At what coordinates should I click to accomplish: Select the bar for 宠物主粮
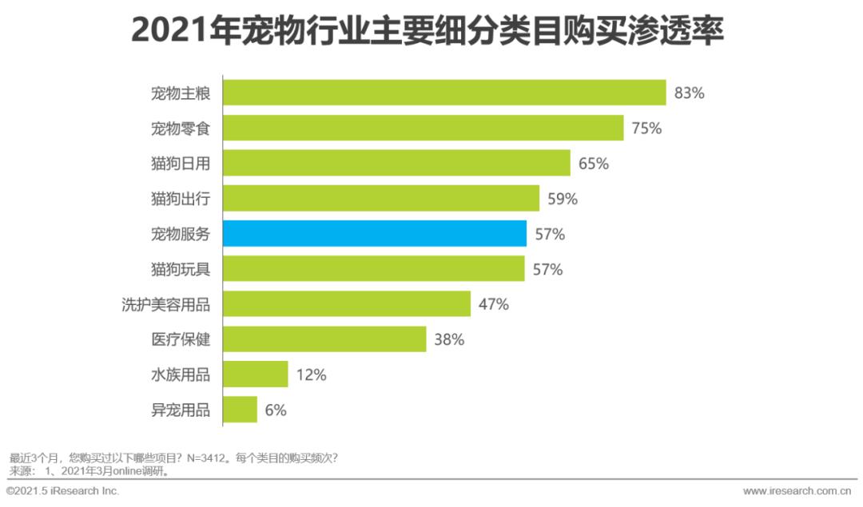coord(443,93)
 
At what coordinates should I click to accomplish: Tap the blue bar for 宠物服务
coord(374,234)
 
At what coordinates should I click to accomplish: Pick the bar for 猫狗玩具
coord(373,269)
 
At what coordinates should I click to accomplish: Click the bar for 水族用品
coord(255,374)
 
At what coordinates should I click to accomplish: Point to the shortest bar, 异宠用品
coord(240,410)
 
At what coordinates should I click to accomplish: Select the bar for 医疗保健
coord(324,339)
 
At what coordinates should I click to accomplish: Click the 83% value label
coord(689,93)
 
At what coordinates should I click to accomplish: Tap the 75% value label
coord(646,128)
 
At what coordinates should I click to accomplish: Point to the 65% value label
coord(593,164)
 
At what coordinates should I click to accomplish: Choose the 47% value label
coord(493,304)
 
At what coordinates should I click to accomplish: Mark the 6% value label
coord(275,410)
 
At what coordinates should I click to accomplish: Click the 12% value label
coord(311,374)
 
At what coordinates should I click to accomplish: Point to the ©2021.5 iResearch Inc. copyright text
coord(62,490)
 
